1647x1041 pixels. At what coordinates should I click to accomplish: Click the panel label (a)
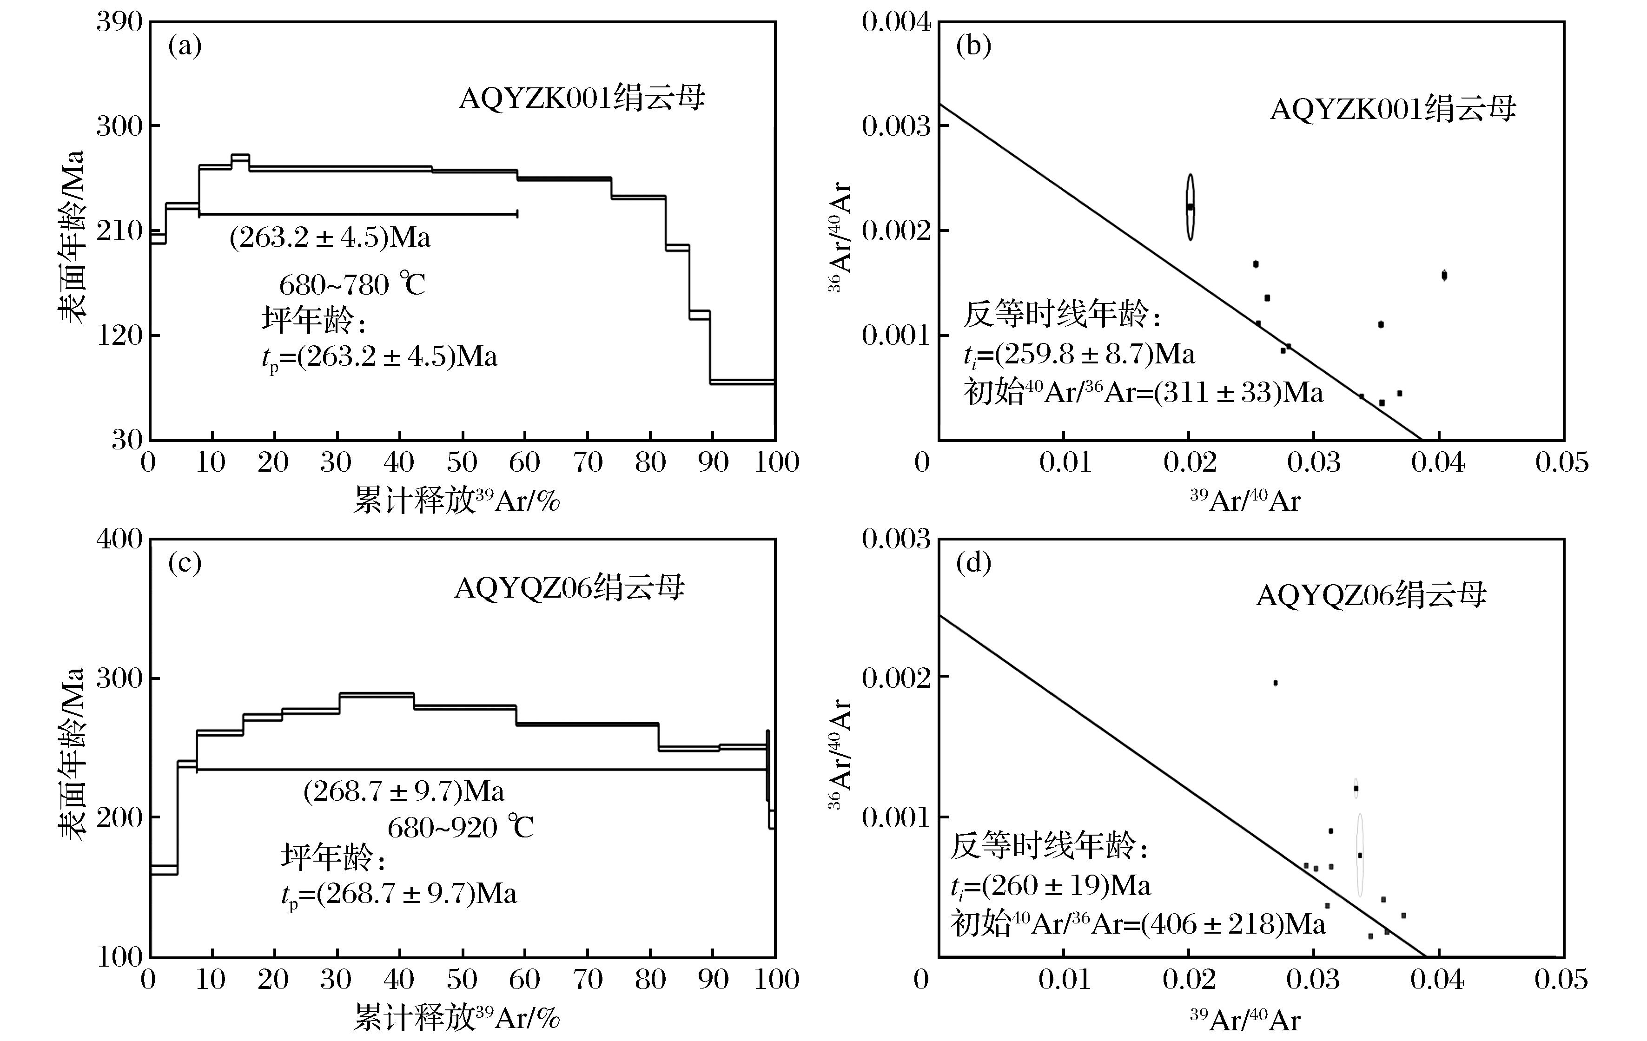point(185,46)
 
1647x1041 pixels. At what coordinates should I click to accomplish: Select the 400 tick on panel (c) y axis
point(119,539)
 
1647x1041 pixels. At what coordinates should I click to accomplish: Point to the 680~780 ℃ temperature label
point(352,284)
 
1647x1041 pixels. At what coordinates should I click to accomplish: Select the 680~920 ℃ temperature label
point(460,828)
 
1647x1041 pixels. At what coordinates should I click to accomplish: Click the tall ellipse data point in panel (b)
point(1190,206)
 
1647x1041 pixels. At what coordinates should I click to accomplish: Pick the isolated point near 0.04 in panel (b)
point(1444,275)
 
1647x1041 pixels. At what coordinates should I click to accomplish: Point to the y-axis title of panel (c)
point(71,752)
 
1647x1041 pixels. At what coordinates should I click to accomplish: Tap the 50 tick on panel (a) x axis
point(462,463)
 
